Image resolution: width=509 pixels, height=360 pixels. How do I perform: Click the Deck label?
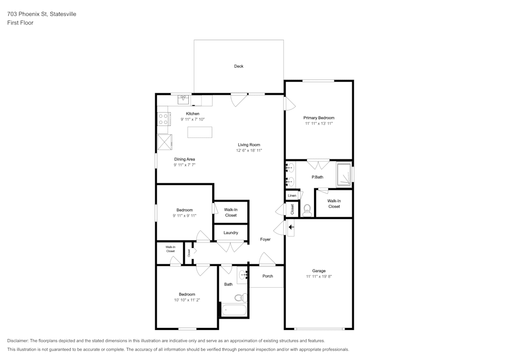coord(239,66)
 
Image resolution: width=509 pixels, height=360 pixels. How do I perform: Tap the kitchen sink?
coord(183,100)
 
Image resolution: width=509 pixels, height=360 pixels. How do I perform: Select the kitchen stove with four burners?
coord(163,119)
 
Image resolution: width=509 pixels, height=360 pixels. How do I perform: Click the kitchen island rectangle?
coord(200,132)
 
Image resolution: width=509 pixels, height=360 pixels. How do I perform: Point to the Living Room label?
coord(249,145)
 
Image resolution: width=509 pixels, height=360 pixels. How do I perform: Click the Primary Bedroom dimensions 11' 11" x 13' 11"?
coord(319,123)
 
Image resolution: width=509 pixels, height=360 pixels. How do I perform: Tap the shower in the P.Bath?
coord(344,175)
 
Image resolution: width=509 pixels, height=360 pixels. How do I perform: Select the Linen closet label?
coord(292,196)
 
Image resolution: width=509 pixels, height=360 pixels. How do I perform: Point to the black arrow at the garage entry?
coord(291,227)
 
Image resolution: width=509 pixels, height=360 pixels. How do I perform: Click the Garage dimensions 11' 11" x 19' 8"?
coord(319,276)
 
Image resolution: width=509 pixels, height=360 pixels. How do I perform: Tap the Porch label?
coord(268,276)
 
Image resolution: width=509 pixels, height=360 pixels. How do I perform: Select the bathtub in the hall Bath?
coord(234,310)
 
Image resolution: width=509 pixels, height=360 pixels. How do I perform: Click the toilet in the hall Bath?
coord(241,297)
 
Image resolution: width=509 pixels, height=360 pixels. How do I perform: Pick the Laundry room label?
coord(231,233)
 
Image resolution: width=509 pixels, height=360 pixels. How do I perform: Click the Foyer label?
coord(265,239)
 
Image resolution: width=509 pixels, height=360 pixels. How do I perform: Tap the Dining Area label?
coord(184,159)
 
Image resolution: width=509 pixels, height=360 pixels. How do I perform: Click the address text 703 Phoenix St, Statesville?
coord(42,14)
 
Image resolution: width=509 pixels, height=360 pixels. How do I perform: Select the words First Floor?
coord(20,23)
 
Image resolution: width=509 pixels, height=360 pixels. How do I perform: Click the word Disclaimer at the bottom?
coord(18,341)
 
